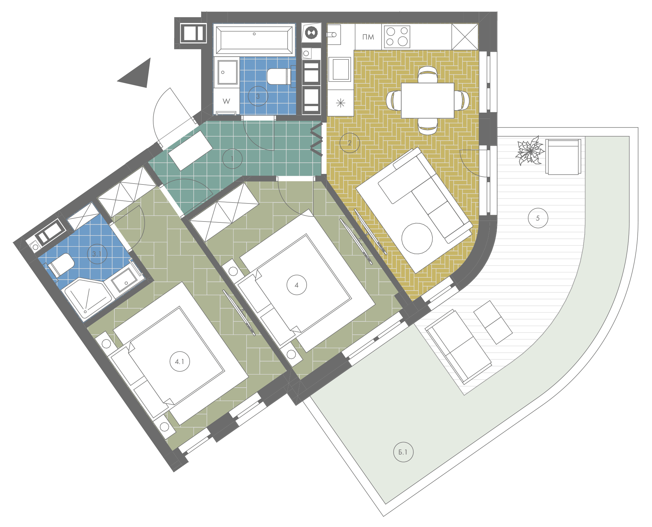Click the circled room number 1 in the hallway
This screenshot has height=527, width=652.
click(x=232, y=159)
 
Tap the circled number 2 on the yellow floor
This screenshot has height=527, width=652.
click(x=349, y=143)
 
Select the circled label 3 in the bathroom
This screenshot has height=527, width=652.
click(x=258, y=96)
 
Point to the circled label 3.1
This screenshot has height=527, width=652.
click(x=97, y=254)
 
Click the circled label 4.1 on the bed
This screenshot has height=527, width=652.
click(x=180, y=361)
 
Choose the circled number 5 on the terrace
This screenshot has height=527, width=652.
click(x=538, y=218)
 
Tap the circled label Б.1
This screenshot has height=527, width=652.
click(x=403, y=452)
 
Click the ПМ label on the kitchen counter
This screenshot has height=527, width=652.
click(x=368, y=37)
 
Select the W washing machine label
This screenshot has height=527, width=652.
click(x=226, y=101)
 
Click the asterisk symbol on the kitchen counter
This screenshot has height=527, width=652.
click(x=341, y=103)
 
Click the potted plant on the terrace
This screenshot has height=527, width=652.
click(x=530, y=151)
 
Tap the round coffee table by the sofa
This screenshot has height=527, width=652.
click(x=417, y=238)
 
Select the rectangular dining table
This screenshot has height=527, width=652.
click(x=428, y=100)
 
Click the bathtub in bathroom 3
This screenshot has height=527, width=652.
click(x=254, y=40)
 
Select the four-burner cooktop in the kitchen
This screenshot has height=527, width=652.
click(x=397, y=37)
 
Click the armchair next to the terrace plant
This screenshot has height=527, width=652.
click(x=563, y=157)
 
